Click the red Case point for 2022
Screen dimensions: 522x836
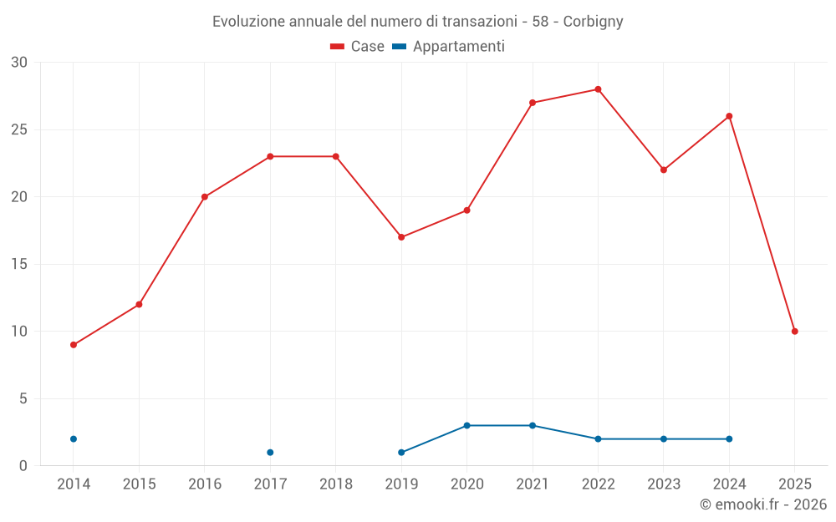598,89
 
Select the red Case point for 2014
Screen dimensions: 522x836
74,345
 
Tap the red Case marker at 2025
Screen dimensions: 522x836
794,332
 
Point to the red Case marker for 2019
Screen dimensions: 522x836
401,237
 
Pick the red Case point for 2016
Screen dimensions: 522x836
205,197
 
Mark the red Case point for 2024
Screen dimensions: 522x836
729,116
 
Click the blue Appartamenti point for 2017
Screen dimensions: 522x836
270,453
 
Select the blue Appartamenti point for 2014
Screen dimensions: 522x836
74,439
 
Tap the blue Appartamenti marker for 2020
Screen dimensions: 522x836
466,426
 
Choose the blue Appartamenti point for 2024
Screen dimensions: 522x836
729,439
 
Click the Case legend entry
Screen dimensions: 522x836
358,47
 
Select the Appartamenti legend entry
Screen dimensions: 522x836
449,47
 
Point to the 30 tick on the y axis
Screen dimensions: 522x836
19,63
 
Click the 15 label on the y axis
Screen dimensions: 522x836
19,265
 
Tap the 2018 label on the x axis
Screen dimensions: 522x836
335,484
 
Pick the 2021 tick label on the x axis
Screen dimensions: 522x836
533,484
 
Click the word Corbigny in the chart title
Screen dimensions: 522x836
593,22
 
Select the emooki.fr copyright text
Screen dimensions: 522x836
762,504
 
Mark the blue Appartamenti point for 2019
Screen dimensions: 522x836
401,453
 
